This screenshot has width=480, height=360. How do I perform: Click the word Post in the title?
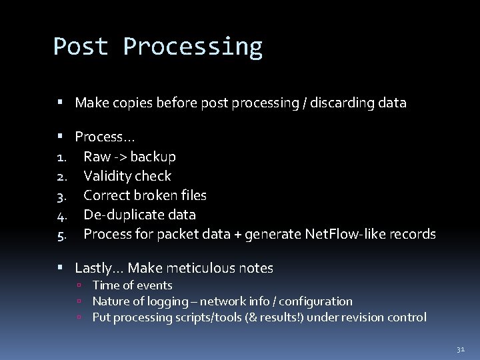pos(81,47)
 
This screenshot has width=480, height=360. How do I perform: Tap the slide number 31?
pos(460,348)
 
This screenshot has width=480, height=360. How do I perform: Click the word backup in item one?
pos(153,157)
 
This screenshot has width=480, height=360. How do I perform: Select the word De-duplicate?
pos(117,215)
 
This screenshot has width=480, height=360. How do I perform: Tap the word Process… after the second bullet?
pos(105,137)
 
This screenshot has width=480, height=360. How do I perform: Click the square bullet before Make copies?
pos(60,103)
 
